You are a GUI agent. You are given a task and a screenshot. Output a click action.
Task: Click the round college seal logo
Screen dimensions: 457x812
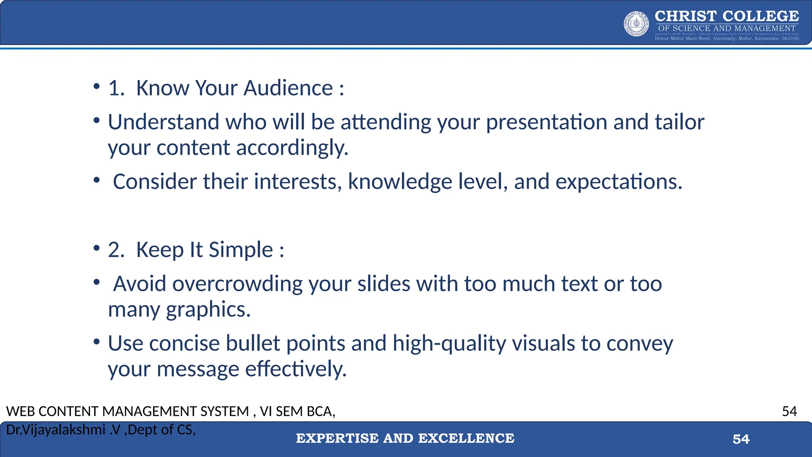(636, 24)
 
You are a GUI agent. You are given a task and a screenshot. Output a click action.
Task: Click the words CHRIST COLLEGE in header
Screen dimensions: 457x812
(726, 16)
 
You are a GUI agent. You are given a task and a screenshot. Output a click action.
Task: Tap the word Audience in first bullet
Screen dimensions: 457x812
(288, 88)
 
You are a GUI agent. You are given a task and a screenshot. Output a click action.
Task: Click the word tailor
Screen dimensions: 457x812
(679, 122)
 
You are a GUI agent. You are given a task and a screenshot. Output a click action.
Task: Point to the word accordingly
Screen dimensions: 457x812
(292, 148)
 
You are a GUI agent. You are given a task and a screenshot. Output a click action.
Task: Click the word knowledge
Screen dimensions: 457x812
(400, 182)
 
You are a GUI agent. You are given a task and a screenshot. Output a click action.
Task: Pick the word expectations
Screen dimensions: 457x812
(619, 182)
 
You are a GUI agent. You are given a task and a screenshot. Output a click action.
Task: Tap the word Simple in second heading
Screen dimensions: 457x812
(241, 250)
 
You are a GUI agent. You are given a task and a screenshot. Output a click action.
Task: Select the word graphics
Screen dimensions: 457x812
(208, 310)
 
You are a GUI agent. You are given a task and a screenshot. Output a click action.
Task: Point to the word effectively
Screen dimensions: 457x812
(296, 369)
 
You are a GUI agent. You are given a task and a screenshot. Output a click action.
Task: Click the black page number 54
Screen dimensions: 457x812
(789, 411)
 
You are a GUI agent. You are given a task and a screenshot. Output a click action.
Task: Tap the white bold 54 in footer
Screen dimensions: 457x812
(741, 439)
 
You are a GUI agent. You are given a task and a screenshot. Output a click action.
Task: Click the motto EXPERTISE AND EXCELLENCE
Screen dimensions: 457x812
(405, 438)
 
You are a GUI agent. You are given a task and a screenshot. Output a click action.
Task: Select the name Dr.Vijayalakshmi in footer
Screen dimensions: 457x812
(56, 430)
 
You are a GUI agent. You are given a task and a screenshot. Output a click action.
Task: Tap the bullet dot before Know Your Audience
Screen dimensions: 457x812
(96, 86)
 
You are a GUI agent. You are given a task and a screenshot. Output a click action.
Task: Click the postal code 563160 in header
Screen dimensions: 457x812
(790, 38)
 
